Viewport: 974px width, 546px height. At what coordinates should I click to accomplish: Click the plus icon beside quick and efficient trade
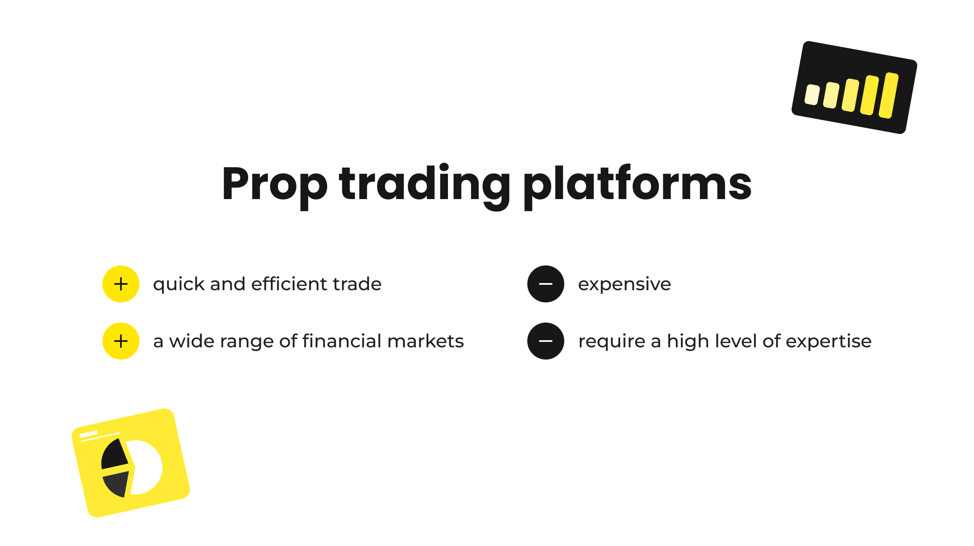pos(121,284)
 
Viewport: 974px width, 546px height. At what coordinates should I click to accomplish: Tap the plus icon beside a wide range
pos(121,341)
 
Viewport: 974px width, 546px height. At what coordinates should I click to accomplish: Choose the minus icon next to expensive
pos(546,284)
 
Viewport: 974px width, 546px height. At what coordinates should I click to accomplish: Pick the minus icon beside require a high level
pos(546,341)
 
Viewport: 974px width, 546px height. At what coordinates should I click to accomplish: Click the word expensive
pos(624,285)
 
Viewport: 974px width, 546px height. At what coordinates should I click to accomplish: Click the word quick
pos(179,285)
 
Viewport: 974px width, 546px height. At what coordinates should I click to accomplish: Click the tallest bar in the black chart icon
pos(889,95)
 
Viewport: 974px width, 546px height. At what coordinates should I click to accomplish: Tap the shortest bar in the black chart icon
pos(812,94)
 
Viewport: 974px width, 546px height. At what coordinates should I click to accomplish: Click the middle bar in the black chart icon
pos(850,95)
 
